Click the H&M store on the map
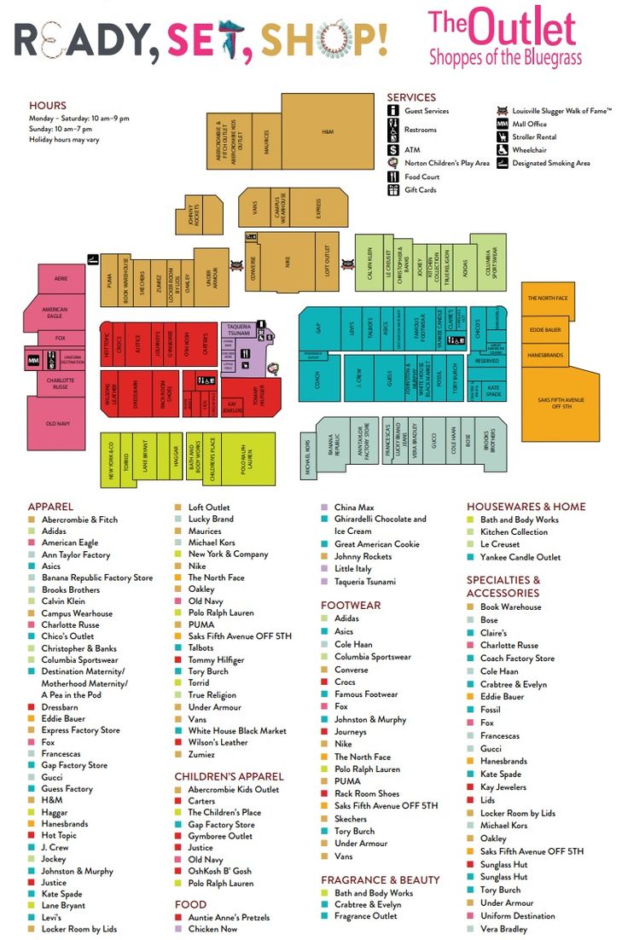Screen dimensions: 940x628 (x=328, y=132)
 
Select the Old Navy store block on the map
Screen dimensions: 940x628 (x=58, y=423)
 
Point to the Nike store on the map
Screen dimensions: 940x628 (x=288, y=263)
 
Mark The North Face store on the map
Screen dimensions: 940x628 (x=547, y=298)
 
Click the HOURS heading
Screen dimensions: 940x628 (x=47, y=106)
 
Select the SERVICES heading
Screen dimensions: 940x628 (x=411, y=97)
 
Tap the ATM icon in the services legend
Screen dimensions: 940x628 (x=393, y=149)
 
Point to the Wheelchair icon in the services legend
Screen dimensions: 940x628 (x=503, y=150)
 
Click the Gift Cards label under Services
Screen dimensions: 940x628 (x=421, y=190)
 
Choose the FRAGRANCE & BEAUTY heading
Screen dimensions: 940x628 (x=381, y=879)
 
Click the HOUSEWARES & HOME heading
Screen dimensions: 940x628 (x=526, y=507)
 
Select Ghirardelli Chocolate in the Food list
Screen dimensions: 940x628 (x=380, y=519)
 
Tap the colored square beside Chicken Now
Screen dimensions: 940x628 (x=178, y=929)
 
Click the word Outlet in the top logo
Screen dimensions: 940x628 (x=522, y=27)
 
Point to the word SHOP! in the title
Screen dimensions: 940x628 (x=324, y=38)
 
